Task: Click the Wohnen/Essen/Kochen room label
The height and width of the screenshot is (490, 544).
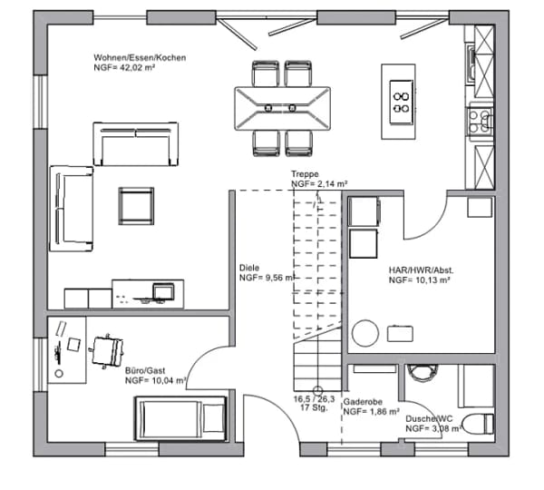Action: (x=140, y=58)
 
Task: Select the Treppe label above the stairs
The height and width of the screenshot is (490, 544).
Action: (x=305, y=174)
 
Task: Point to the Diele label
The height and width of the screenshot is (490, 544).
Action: (x=249, y=268)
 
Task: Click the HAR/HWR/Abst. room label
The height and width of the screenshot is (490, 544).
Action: (x=421, y=270)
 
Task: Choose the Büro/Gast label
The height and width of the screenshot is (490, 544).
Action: (x=145, y=371)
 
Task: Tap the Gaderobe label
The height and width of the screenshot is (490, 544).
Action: (x=363, y=402)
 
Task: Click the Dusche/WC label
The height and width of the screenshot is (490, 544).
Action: (x=429, y=419)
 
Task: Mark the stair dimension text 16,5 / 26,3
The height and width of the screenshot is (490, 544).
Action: (x=314, y=399)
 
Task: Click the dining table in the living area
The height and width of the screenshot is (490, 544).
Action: (x=282, y=108)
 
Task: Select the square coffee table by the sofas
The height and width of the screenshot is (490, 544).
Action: (x=136, y=206)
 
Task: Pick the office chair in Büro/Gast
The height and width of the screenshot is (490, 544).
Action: (x=107, y=351)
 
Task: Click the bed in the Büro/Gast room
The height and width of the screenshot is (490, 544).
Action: (x=180, y=418)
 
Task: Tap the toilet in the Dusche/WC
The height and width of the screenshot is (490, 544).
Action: (x=478, y=424)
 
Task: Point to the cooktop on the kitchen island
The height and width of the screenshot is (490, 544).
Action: (x=401, y=103)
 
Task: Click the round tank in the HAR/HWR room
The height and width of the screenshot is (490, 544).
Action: (x=365, y=333)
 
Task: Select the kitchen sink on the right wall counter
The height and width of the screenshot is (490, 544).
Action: (x=471, y=65)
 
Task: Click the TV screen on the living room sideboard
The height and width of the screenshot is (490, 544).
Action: (x=163, y=291)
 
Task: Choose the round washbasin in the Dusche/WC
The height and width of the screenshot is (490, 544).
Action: (x=421, y=373)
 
